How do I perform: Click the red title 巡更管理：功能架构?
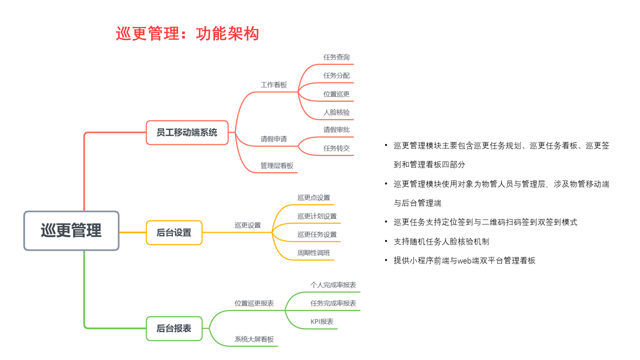(187, 33)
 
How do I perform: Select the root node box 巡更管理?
(71, 231)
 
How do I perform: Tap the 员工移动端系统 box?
(187, 132)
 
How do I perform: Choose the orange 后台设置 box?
(174, 232)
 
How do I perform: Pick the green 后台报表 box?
(174, 328)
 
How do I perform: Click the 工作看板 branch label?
(273, 85)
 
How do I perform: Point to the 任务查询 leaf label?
(336, 57)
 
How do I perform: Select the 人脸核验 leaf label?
(336, 112)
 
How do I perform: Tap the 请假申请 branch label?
(273, 139)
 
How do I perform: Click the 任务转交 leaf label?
(336, 148)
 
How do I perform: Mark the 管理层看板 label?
(277, 165)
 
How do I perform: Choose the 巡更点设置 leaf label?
(313, 197)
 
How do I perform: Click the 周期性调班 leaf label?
(313, 253)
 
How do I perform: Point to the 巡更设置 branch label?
(247, 225)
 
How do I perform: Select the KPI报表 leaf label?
(322, 321)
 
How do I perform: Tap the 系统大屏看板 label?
(254, 339)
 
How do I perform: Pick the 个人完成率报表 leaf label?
(333, 285)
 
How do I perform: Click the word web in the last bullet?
(464, 261)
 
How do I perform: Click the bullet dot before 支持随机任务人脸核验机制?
(386, 241)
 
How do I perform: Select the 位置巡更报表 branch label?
(254, 303)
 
